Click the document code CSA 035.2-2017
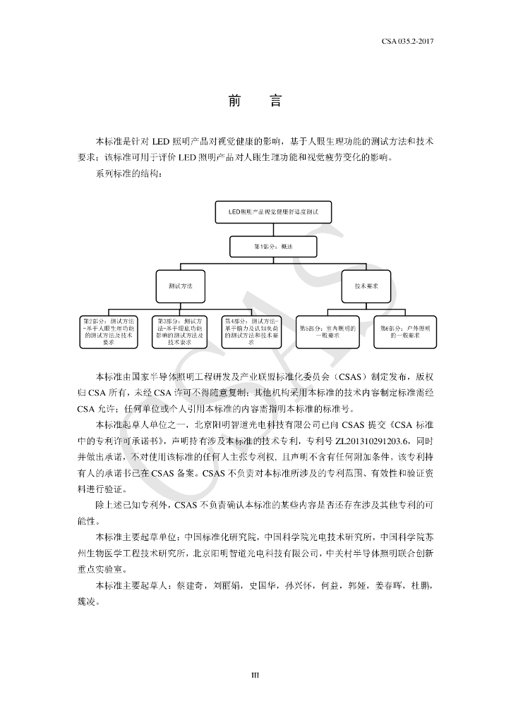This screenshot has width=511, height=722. point(407,42)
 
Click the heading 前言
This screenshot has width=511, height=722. point(255,102)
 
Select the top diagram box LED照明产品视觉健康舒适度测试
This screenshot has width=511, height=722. point(274,212)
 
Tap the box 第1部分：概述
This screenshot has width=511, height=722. point(273,247)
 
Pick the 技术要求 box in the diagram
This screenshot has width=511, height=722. point(366,286)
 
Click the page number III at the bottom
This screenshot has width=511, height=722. point(255,675)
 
